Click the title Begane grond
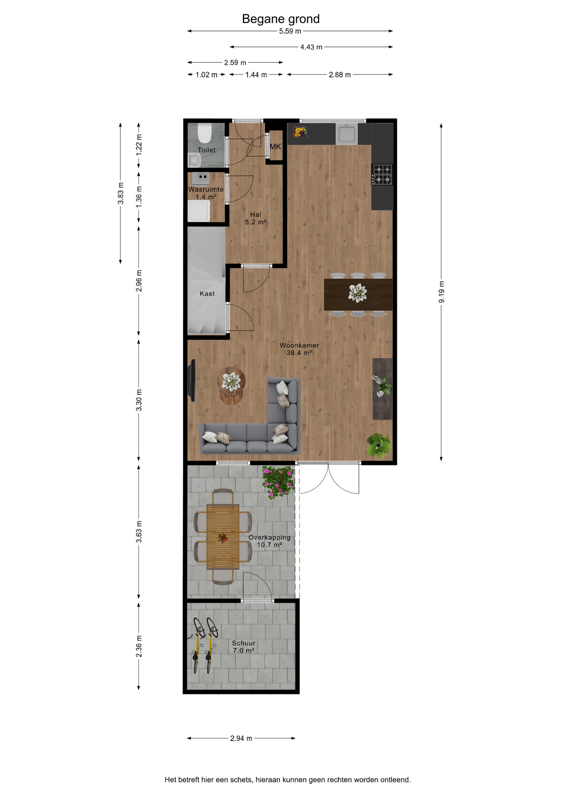point(281,19)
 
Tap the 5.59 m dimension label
point(290,31)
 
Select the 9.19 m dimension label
point(442,292)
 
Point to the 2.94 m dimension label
point(241,738)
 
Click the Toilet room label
point(207,150)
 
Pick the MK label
point(275,146)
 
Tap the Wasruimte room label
point(206,189)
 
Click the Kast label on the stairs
point(207,294)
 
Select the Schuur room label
point(243,643)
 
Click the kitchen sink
point(346,134)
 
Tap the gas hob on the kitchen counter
point(382,175)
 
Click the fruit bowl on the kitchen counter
point(300,132)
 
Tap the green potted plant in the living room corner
point(378,445)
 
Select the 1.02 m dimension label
point(206,75)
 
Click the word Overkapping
point(269,538)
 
